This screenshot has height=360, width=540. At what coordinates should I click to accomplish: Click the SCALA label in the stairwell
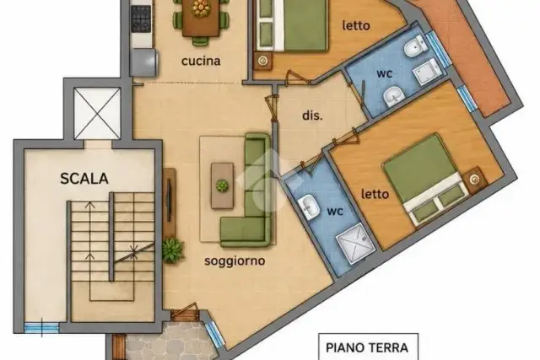coord(84,178)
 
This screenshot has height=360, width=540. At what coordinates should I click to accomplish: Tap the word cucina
coord(201,61)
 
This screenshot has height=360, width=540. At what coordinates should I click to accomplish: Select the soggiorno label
coord(235,261)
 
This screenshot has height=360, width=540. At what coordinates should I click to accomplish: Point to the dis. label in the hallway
coord(312,116)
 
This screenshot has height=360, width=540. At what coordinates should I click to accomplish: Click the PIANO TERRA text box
coord(368,347)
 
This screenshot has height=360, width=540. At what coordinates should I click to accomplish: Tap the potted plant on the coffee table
coord(222,185)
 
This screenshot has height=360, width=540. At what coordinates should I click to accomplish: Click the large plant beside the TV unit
coord(173,251)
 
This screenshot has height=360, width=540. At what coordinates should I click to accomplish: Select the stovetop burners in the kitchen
coord(141,17)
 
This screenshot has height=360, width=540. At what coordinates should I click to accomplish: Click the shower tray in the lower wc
coord(355,244)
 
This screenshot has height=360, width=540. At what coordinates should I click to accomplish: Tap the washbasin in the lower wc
coord(308,207)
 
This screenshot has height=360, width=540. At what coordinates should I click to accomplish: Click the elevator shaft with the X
coord(97,113)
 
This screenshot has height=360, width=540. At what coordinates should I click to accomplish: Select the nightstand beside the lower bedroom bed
coord(475,180)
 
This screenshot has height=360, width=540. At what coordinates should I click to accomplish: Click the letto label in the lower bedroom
coord(375,194)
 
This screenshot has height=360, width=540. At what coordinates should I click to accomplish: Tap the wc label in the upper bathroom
coord(385,73)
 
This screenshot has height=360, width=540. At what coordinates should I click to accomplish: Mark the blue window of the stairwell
coord(41,327)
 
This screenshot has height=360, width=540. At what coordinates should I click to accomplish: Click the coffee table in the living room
coord(222,185)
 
